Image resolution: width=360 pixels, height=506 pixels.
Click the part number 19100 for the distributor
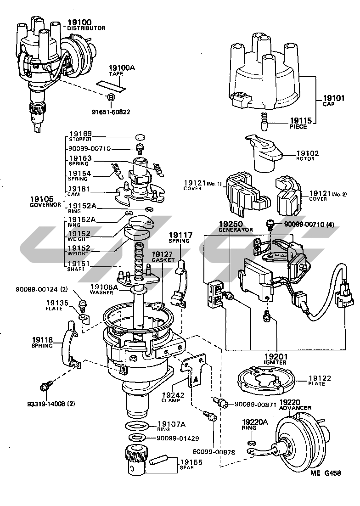[x=79, y=22]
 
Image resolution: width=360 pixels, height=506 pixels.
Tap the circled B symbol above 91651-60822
[x=111, y=97]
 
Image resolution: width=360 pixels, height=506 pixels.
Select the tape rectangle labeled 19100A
[x=111, y=84]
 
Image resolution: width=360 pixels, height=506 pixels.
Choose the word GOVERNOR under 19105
[x=45, y=205]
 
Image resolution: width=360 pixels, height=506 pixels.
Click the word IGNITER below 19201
[x=275, y=362]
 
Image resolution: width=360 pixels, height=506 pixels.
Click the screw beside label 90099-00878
[x=212, y=416]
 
